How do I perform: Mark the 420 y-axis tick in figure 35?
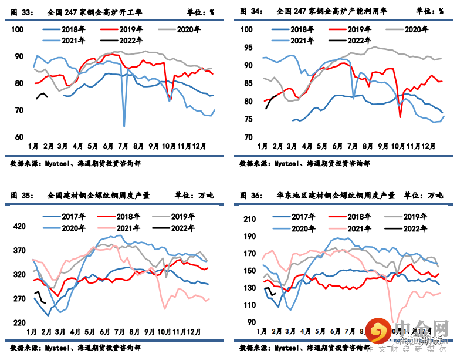coord(19,226)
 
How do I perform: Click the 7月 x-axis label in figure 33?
coord(123,146)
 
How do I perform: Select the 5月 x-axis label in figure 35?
coord(92,332)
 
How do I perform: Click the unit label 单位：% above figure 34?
coord(429,11)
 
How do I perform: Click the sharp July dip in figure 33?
coord(124,125)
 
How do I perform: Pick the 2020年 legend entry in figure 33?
coord(181,29)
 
